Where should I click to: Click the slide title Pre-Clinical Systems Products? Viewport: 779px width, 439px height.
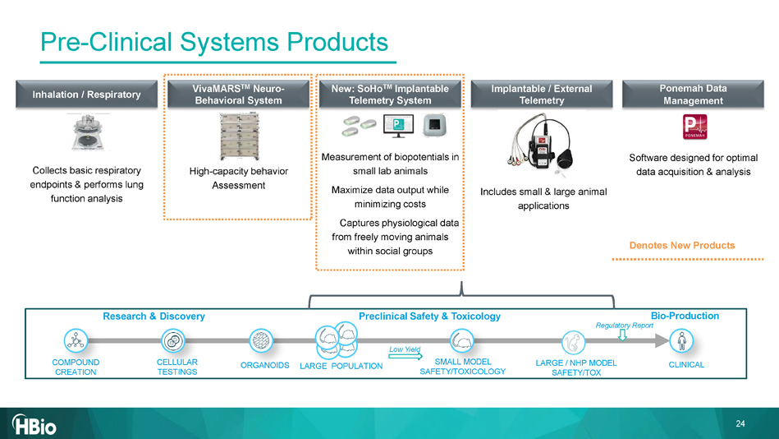click(x=214, y=41)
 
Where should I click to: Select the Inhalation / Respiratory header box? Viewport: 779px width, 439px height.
click(x=86, y=95)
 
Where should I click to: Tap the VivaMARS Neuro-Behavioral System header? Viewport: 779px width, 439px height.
click(x=237, y=95)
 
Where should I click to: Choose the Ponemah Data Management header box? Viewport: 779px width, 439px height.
click(x=693, y=95)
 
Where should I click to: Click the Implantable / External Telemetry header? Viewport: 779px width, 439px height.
click(x=541, y=95)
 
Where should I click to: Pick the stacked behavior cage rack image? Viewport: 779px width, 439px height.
click(x=237, y=136)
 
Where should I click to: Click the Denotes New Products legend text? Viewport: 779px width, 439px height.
click(x=681, y=245)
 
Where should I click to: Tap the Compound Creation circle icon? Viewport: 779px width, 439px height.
click(x=76, y=341)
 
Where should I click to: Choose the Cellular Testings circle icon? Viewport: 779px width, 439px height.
click(x=173, y=341)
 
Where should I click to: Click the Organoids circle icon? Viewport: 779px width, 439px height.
click(x=261, y=341)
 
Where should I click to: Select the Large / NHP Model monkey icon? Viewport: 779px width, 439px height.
click(x=575, y=341)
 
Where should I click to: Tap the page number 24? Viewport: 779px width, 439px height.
click(x=740, y=424)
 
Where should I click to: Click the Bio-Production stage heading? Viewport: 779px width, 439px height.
click(x=684, y=316)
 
